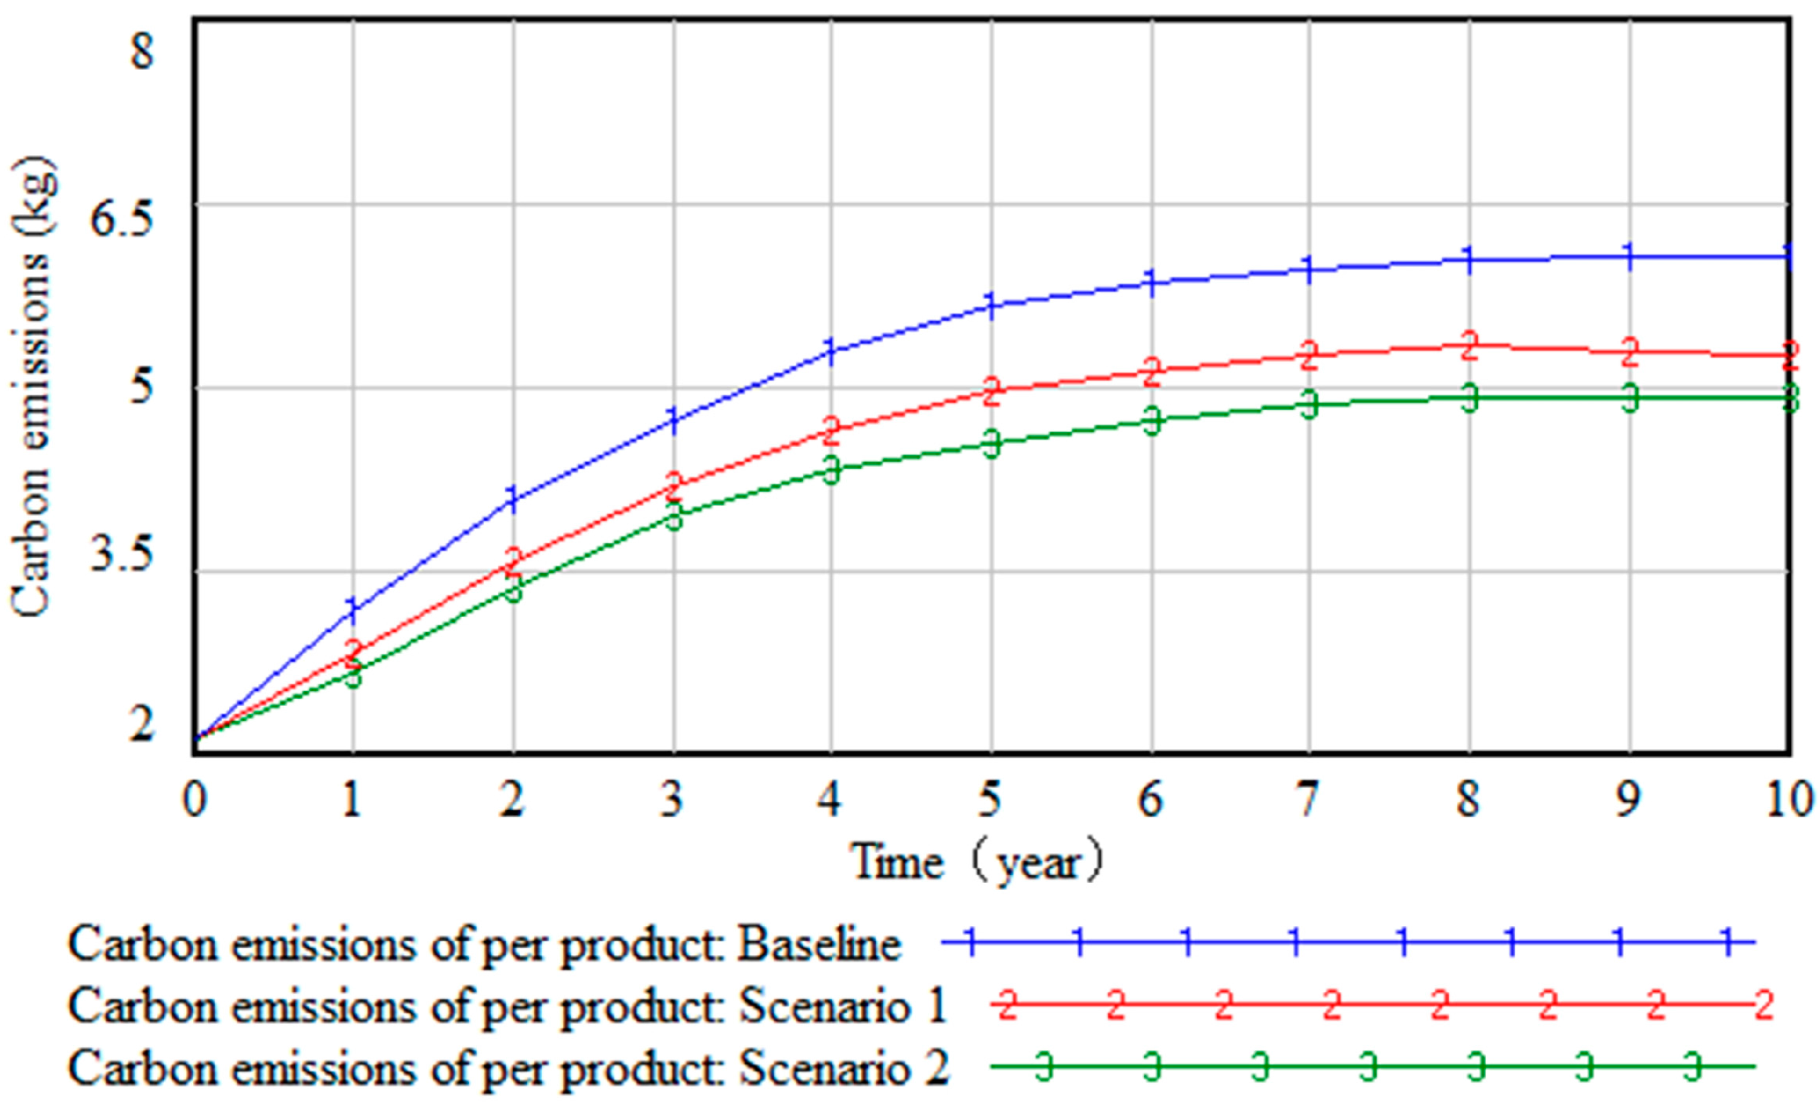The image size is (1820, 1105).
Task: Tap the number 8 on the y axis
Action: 142,50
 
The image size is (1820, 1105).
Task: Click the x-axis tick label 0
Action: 194,800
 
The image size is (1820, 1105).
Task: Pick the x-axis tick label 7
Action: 1308,800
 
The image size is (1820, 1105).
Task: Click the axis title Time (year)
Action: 977,862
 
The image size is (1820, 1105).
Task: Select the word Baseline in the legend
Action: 819,944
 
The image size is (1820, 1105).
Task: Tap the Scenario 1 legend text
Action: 842,1005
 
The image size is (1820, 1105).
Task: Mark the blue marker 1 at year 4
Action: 830,349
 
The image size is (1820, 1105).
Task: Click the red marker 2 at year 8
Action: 1468,345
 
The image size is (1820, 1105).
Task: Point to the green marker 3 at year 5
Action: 992,443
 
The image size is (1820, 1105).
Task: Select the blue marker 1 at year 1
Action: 353,608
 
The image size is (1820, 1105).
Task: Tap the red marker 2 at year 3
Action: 674,485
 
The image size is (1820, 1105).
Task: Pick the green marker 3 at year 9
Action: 1630,397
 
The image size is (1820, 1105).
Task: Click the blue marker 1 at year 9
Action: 1629,256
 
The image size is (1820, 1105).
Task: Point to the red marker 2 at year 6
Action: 1151,371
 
